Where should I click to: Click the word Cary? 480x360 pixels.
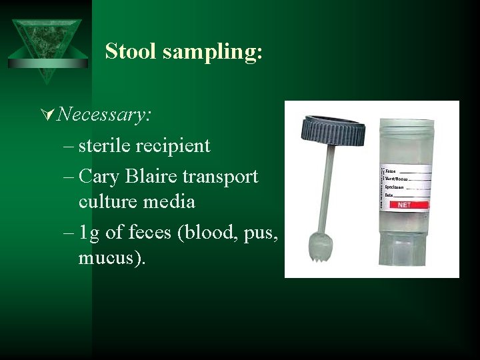tap(97, 177)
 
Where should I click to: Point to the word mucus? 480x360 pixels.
tap(108, 257)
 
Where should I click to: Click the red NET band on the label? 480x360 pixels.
tap(404, 205)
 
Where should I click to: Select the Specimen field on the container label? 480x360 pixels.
tap(398, 187)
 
